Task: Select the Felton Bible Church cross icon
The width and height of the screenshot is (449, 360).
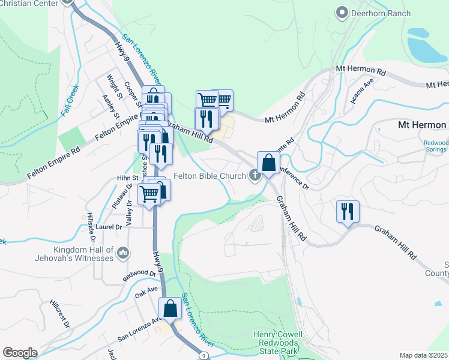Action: point(255,176)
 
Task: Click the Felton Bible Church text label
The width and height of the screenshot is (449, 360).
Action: point(210,176)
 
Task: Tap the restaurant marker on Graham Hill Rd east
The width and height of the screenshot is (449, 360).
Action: point(348,211)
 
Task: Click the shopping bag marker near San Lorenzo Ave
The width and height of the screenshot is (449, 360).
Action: point(170,309)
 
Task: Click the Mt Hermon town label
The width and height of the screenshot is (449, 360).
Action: point(423,125)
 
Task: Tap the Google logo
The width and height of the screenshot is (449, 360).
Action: point(20,353)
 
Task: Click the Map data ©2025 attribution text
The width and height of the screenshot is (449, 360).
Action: point(424,355)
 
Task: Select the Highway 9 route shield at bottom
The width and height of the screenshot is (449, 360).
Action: point(205,356)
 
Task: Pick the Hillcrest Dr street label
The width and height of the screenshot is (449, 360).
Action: point(60,314)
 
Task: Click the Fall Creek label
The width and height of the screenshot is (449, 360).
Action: point(70,100)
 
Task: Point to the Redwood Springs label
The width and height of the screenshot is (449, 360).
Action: point(436,146)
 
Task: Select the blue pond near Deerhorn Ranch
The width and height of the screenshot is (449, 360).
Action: point(427,45)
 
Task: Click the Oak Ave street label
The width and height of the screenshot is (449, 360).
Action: point(146,291)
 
